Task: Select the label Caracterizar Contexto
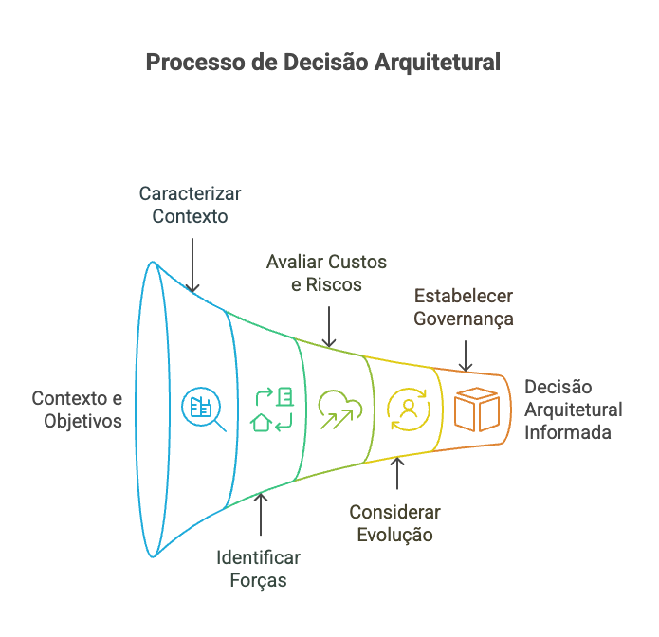pos(191,204)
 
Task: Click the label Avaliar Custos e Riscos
pos(326,272)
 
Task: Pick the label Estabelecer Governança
pos(464,305)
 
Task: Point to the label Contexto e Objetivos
pos(77,409)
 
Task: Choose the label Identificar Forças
pos(258,567)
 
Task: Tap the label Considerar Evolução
pos(394,523)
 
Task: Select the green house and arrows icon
pos(272,409)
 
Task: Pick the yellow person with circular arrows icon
pos(409,409)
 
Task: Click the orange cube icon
pos(477,409)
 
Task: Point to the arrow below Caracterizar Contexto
pos(192,264)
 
